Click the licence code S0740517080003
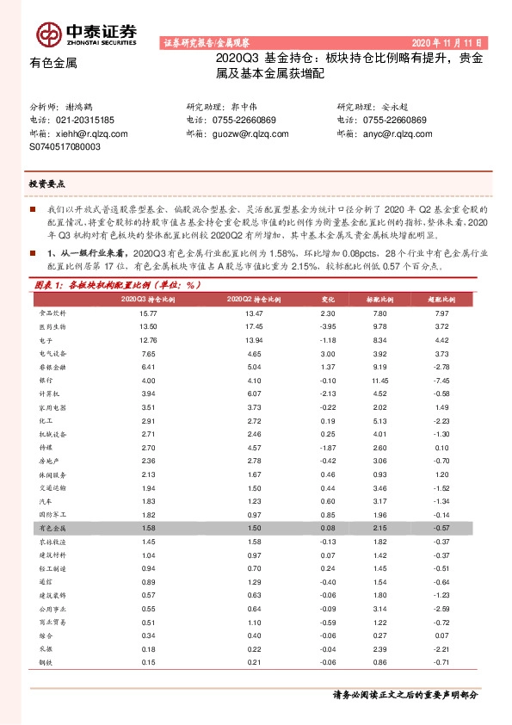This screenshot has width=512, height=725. click(x=65, y=147)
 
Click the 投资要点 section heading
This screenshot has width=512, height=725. click(x=46, y=184)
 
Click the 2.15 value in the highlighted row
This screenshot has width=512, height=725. click(x=379, y=526)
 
